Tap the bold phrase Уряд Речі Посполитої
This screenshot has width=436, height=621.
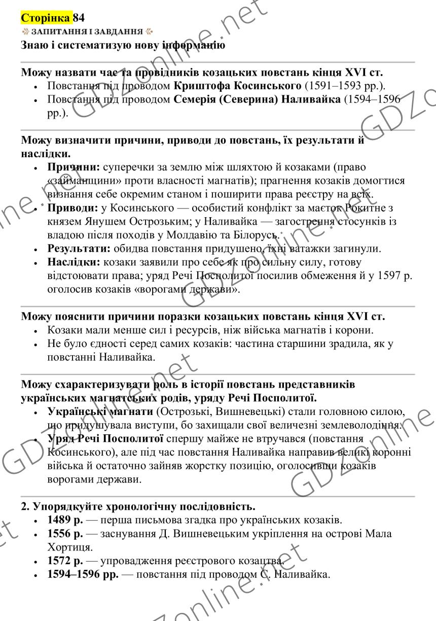pyautogui.click(x=105, y=438)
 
